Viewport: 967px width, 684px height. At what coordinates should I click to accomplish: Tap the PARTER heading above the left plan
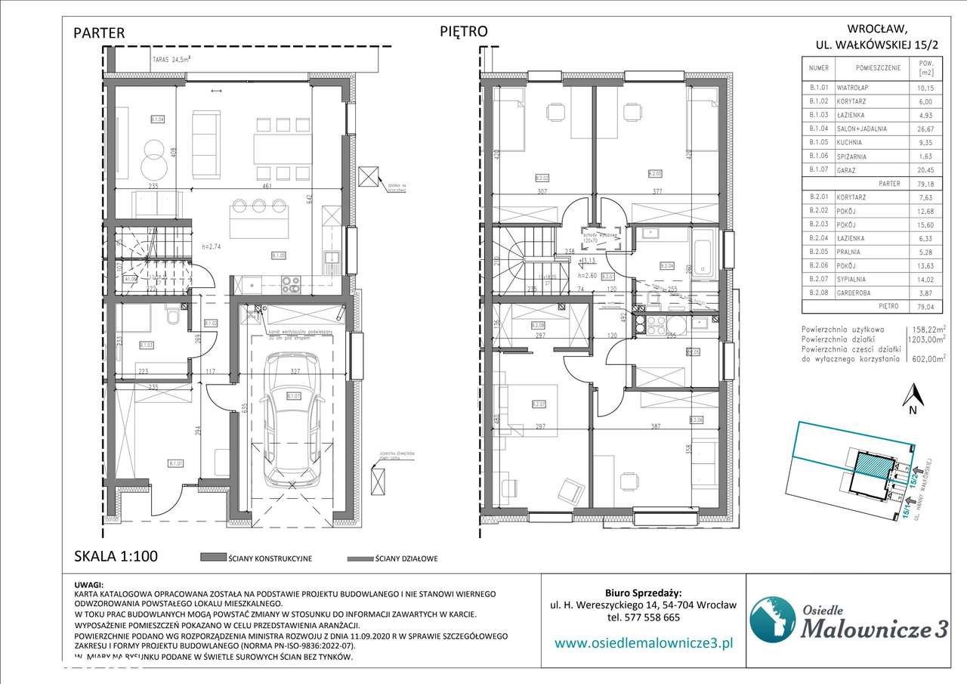tap(99, 32)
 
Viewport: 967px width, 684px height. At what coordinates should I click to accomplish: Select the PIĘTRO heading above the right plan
tap(463, 31)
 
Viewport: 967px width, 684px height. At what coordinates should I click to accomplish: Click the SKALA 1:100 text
tap(116, 556)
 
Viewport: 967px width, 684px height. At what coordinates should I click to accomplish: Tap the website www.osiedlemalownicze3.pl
tap(644, 643)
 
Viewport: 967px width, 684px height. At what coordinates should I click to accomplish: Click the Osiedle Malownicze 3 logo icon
tap(772, 617)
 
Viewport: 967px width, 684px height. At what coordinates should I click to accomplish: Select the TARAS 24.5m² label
tap(170, 58)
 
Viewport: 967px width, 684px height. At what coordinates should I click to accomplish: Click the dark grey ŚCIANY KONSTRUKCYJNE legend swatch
tap(214, 558)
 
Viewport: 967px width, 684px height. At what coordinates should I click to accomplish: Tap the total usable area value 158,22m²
tap(927, 330)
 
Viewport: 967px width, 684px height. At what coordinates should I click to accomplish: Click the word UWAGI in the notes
tap(89, 585)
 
